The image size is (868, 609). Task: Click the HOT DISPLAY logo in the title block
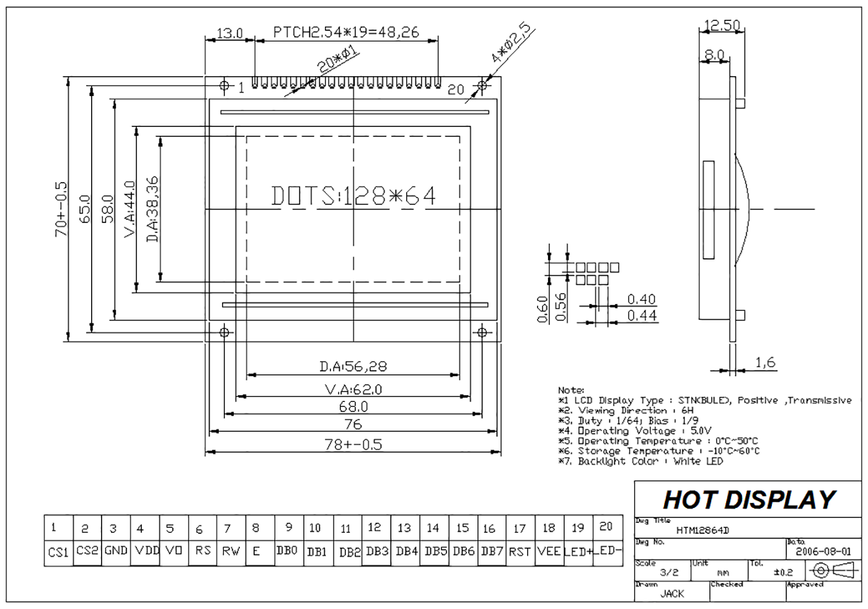(749, 499)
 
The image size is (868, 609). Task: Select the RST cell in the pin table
(520, 552)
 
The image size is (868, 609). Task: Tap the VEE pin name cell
(549, 552)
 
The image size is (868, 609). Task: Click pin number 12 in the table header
(374, 527)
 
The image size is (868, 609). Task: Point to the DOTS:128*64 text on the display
(353, 196)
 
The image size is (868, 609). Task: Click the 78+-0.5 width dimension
(353, 444)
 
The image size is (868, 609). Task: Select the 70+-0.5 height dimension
(61, 209)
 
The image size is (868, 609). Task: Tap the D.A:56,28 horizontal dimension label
(353, 366)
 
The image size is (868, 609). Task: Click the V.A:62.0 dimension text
(353, 390)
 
